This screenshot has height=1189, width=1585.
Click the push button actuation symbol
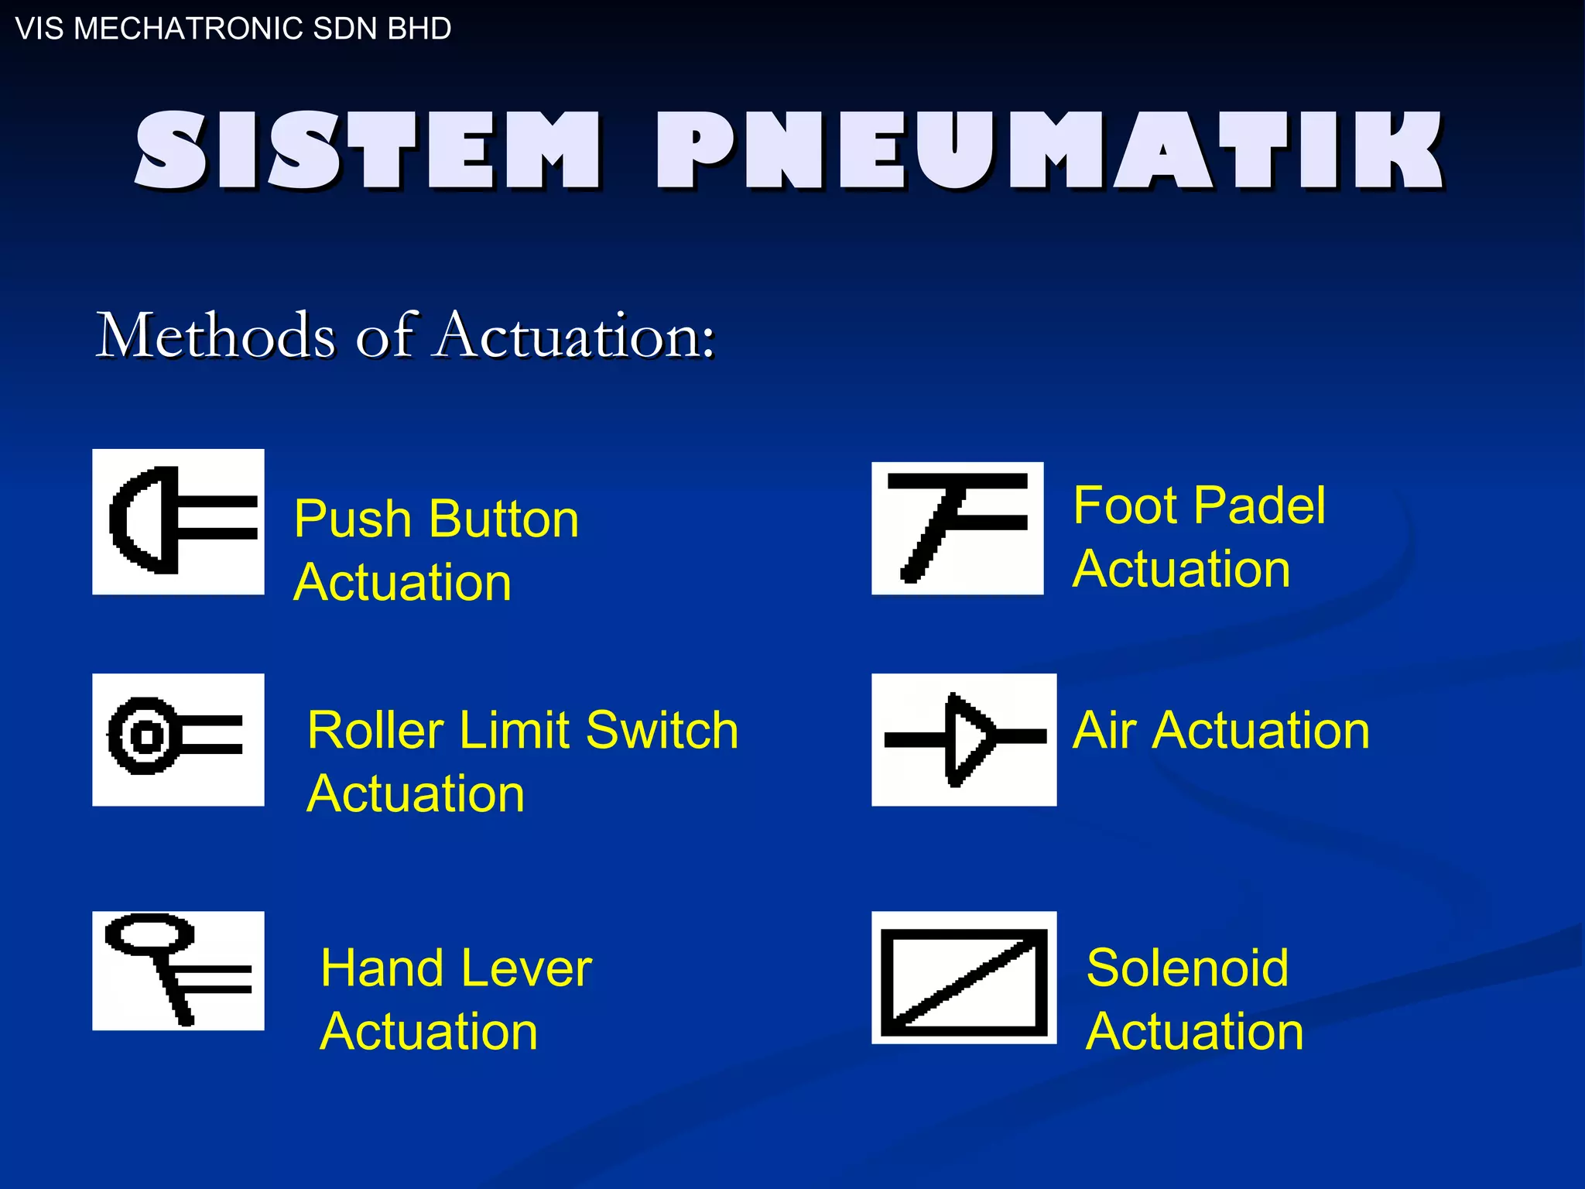tap(178, 521)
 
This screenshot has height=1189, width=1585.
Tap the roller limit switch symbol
tap(178, 739)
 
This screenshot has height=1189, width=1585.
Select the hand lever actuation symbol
tap(178, 970)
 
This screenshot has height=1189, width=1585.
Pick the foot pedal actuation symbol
tap(957, 528)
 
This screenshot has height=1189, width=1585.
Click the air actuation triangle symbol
tap(964, 739)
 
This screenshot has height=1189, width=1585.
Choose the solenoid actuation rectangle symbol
tap(964, 977)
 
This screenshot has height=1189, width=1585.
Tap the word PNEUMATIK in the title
tap(1050, 151)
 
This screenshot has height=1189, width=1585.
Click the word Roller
tap(376, 730)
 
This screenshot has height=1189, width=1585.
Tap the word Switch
tap(662, 730)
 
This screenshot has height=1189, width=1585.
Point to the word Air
tap(1103, 730)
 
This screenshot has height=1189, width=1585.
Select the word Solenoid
tap(1187, 968)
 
